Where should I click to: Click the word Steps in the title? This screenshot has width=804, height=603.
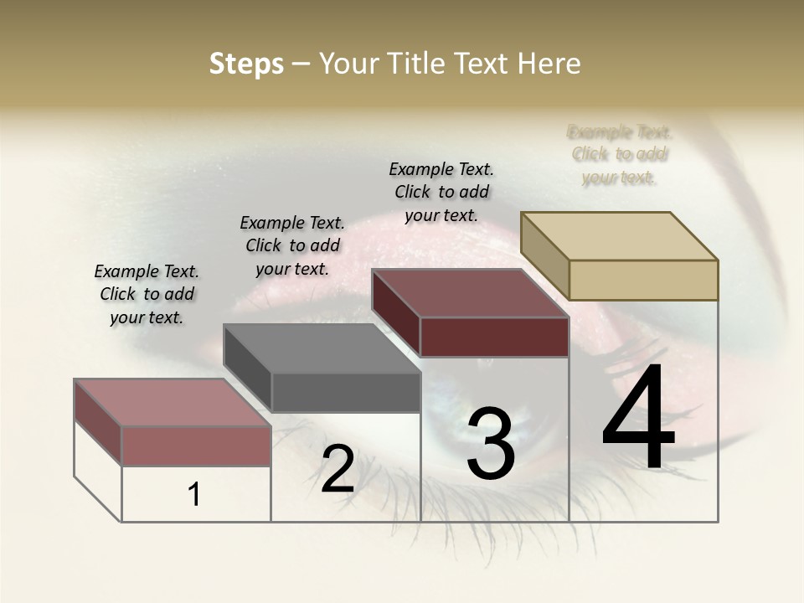[x=246, y=64]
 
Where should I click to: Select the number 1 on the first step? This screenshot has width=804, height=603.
[x=194, y=495]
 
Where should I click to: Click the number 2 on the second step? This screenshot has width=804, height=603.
[x=338, y=469]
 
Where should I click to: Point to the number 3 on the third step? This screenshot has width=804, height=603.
[x=490, y=444]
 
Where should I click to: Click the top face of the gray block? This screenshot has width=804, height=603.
[x=322, y=348]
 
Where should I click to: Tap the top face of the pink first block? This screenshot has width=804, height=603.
[x=173, y=403]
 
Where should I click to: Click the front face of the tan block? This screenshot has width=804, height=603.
[x=643, y=280]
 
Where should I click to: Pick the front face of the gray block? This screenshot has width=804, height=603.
[x=346, y=392]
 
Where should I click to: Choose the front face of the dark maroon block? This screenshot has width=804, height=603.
[x=494, y=337]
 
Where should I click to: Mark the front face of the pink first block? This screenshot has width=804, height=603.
[x=196, y=446]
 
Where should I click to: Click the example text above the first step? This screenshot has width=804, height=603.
[x=147, y=294]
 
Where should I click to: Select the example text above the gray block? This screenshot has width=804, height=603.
[x=292, y=245]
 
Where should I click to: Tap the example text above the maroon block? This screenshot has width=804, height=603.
[x=441, y=192]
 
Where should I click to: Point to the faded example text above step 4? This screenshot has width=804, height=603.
[x=620, y=155]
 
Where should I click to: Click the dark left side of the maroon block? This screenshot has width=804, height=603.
[x=395, y=313]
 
